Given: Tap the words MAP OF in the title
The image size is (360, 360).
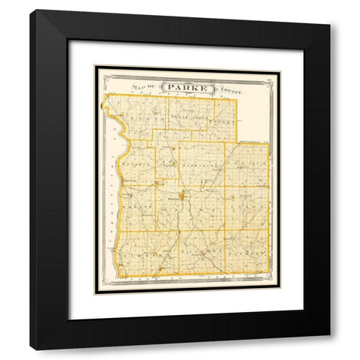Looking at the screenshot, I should point(144,87).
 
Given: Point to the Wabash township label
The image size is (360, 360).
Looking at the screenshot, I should point(137,202).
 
